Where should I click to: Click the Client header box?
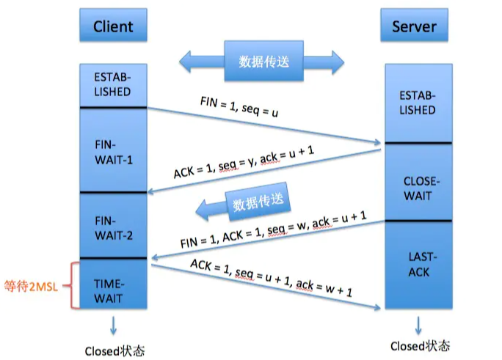(x=113, y=26)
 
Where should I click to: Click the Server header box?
(x=414, y=26)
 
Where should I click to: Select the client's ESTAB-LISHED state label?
(x=112, y=84)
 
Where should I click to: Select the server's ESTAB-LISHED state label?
(x=418, y=103)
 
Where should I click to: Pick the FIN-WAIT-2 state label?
(x=112, y=227)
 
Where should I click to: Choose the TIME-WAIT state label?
(x=112, y=290)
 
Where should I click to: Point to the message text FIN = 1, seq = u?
(x=240, y=107)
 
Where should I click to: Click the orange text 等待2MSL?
(x=31, y=285)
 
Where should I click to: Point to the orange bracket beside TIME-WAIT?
(x=73, y=285)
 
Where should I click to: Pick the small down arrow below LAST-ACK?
(x=419, y=323)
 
